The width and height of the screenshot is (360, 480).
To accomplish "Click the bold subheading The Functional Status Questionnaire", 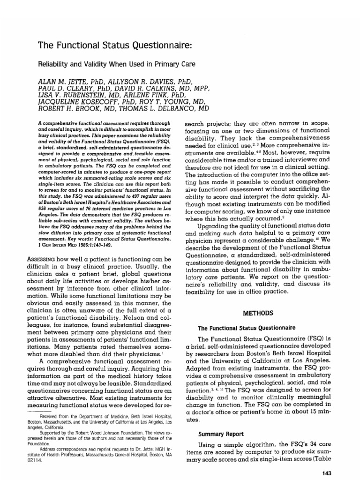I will click(x=246, y=327).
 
